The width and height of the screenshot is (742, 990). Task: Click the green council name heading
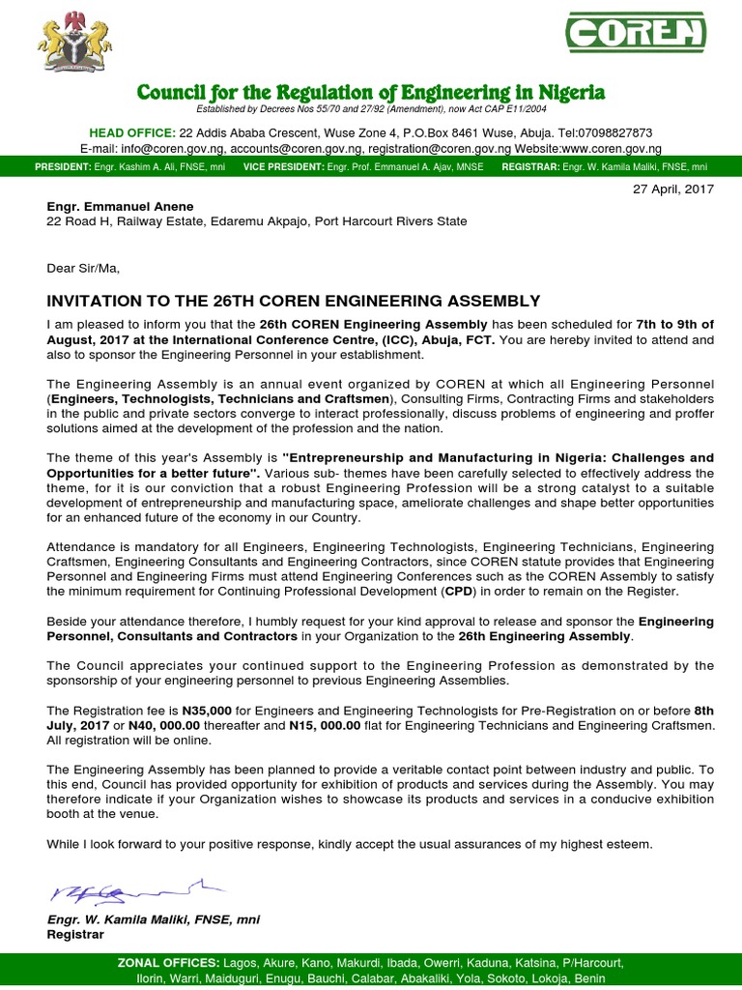pos(371,93)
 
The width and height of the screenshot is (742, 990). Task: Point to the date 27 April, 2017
pos(673,189)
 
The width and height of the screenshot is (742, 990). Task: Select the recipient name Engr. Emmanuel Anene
pos(121,206)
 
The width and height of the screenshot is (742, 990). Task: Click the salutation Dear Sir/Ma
pos(84,268)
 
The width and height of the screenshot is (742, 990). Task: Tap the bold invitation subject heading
pos(294,301)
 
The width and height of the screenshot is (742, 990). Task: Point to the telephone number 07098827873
pos(609,132)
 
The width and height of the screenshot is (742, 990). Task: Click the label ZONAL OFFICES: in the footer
pos(167,963)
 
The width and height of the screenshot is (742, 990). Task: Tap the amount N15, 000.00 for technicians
pos(325,725)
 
